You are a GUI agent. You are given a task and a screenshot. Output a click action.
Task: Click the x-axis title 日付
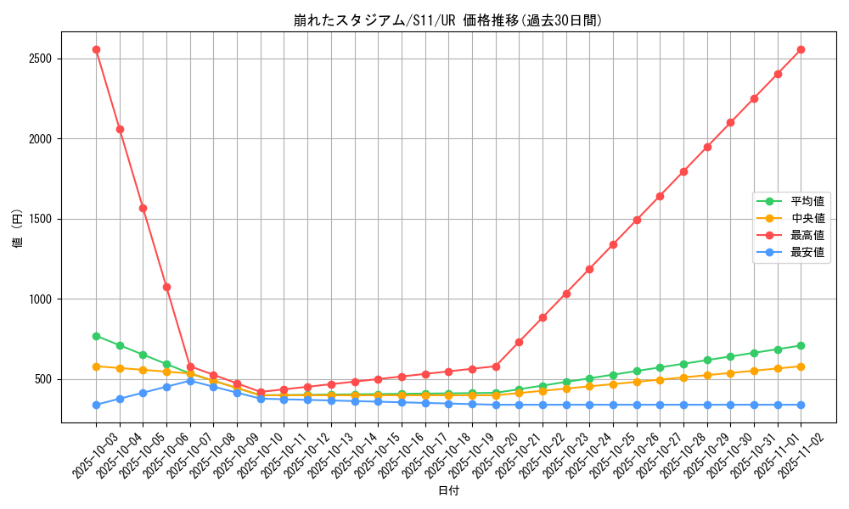coord(448,491)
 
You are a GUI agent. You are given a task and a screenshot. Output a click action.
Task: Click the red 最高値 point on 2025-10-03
coord(96,49)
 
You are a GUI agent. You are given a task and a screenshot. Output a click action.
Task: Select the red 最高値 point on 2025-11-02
coord(801,49)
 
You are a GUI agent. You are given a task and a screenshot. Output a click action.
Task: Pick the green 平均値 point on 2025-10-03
coord(96,336)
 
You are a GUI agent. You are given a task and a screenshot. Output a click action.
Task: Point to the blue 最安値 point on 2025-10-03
coord(96,405)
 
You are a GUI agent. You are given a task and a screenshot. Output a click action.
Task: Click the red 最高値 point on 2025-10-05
coord(143,208)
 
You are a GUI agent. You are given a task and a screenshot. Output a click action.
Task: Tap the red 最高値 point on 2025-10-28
coord(683,171)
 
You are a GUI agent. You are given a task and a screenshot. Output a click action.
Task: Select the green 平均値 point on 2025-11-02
coord(801,345)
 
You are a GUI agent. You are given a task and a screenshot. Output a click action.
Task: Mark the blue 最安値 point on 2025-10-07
coord(190,381)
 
